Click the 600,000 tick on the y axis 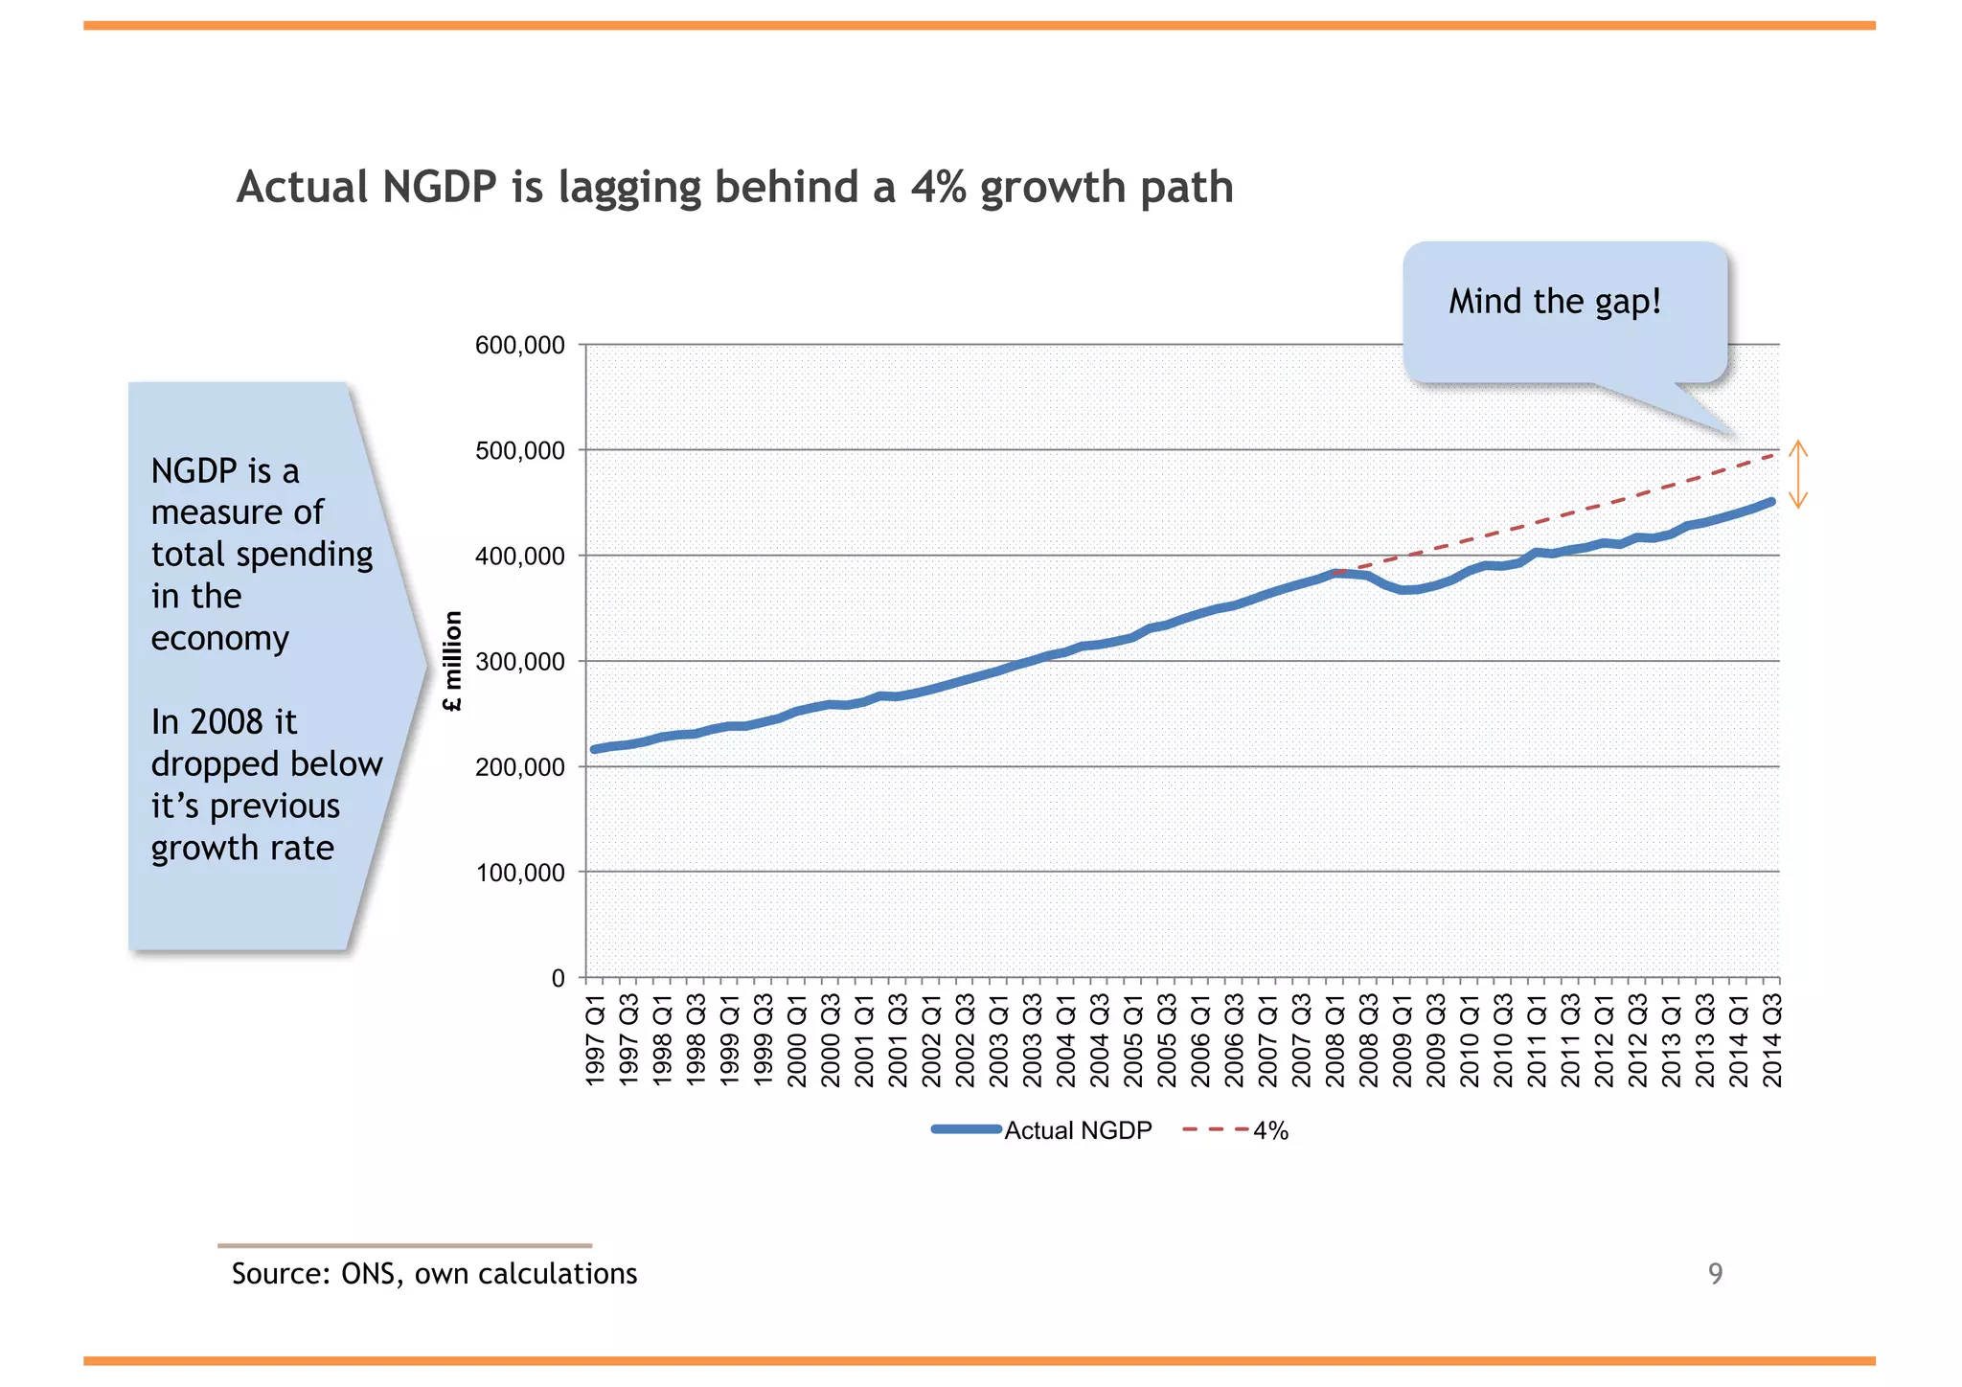[x=519, y=345]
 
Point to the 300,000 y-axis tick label [x=519, y=662]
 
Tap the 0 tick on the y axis [x=558, y=978]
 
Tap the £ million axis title [x=453, y=662]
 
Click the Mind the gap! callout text [x=1554, y=302]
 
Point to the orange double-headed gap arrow [x=1798, y=474]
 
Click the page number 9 [x=1715, y=1274]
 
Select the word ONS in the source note [x=372, y=1274]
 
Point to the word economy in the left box [x=219, y=639]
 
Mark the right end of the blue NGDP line [x=1771, y=502]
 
